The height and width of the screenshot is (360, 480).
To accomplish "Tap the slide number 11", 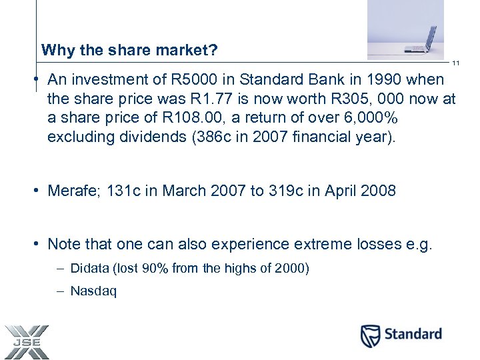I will tap(457, 63).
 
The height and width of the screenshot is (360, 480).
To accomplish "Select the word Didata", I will tap(89, 269).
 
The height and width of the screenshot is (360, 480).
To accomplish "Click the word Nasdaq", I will tap(93, 292).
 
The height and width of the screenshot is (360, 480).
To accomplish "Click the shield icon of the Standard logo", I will tap(370, 335).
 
